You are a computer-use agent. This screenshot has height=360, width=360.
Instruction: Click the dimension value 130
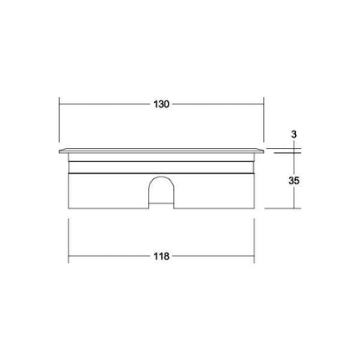click(161, 104)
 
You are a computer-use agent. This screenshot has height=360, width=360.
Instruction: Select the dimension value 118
click(161, 256)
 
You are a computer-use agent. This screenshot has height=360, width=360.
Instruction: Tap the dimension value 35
click(294, 181)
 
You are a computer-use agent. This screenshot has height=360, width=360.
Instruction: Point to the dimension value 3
click(294, 134)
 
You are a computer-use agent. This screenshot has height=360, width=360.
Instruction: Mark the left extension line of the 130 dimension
click(60, 119)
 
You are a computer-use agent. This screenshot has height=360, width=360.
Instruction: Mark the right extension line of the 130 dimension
click(263, 119)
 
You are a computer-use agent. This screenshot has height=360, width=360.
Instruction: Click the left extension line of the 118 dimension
click(68, 241)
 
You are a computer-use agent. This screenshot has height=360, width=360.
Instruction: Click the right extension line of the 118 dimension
click(254, 241)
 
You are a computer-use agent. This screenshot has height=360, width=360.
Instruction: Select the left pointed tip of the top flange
click(59, 151)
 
